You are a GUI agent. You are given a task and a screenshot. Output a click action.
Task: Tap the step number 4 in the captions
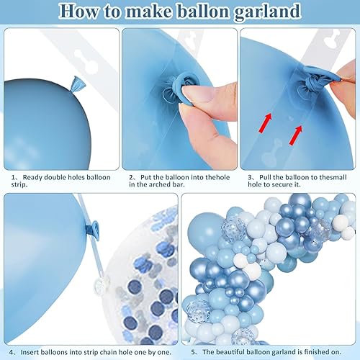coord(14,331)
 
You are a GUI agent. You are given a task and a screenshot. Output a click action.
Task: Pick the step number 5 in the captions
coord(194,331)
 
